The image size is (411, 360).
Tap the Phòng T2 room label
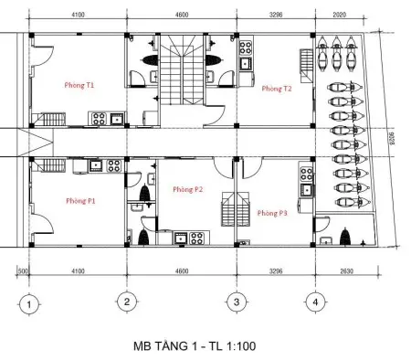pyautogui.click(x=275, y=89)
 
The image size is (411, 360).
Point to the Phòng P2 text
pyautogui.click(x=188, y=189)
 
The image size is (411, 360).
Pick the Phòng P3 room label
pyautogui.click(x=272, y=212)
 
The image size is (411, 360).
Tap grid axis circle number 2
pyautogui.click(x=127, y=302)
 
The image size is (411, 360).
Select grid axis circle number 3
pyautogui.click(x=236, y=302)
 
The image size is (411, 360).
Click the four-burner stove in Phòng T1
pyautogui.click(x=96, y=117)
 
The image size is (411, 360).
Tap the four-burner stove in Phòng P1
pyautogui.click(x=114, y=165)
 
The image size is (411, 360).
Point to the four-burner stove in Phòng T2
pyautogui.click(x=244, y=48)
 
